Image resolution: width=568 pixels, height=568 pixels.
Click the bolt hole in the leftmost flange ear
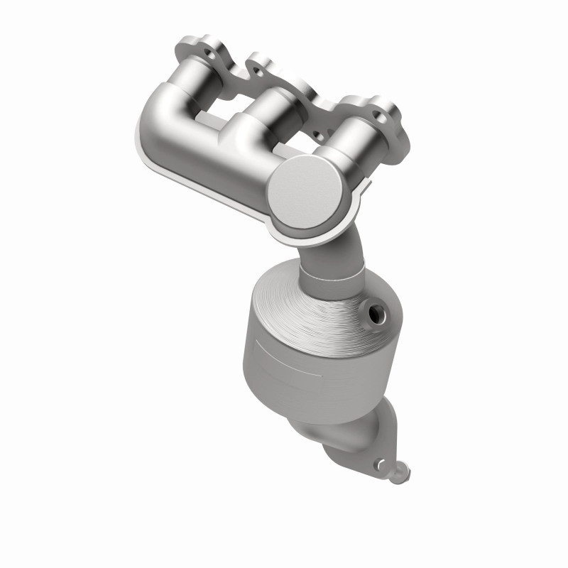pyautogui.click(x=211, y=53)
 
